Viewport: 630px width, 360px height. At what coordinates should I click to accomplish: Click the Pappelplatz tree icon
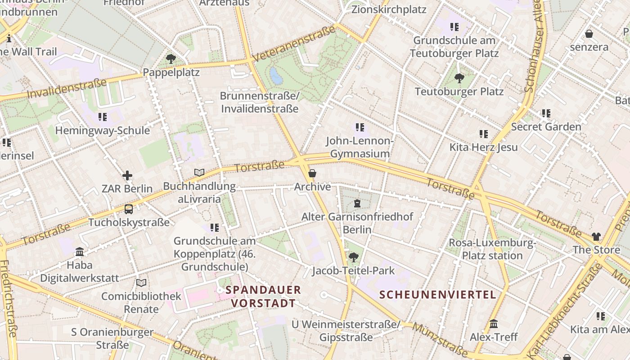tap(171, 58)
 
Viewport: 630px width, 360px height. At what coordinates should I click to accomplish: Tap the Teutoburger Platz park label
tap(459, 92)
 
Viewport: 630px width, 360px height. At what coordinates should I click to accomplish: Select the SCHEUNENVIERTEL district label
tap(437, 295)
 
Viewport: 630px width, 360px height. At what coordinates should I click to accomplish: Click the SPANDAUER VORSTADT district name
tap(263, 296)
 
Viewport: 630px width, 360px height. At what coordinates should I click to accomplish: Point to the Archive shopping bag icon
tap(312, 173)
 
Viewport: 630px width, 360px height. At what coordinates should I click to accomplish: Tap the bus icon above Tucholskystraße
tap(129, 209)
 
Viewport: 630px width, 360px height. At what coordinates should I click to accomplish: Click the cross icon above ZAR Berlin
tap(127, 175)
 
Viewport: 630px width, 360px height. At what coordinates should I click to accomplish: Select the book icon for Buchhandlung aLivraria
tap(199, 172)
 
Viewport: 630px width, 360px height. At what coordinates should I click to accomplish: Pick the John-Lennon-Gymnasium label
tap(360, 147)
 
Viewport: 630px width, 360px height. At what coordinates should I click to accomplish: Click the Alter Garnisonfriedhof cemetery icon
tap(357, 203)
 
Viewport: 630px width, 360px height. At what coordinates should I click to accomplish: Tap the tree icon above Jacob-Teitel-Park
tap(354, 257)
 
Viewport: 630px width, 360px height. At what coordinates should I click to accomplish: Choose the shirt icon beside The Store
tap(596, 237)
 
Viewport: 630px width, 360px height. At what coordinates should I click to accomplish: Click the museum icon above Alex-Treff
tap(494, 324)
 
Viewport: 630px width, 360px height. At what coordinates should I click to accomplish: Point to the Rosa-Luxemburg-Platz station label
tap(492, 249)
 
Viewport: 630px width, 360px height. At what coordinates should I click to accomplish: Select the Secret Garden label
tap(546, 127)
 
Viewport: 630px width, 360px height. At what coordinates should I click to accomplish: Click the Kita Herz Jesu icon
tap(484, 134)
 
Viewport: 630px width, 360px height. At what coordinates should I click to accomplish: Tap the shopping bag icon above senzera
tap(589, 34)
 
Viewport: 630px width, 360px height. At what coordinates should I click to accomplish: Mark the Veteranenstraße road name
tap(294, 44)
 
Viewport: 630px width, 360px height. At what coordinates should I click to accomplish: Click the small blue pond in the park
tap(276, 76)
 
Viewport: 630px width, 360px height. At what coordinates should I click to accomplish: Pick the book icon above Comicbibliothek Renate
tap(141, 283)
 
